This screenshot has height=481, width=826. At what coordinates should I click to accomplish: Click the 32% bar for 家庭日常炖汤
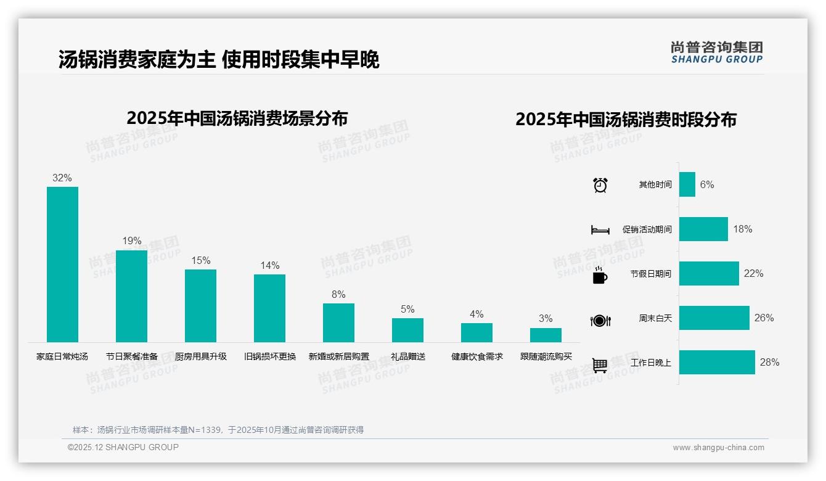[x=63, y=265]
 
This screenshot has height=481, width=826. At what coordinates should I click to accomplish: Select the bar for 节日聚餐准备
[x=131, y=296]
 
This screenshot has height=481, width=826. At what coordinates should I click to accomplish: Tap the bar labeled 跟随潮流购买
[x=546, y=335]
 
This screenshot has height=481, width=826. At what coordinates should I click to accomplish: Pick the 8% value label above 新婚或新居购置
[x=338, y=295]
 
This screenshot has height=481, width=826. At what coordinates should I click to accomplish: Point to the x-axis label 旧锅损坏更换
[x=270, y=356]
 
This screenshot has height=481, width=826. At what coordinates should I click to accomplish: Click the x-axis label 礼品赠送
[x=408, y=356]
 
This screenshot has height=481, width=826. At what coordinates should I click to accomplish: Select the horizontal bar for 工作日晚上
[x=717, y=363]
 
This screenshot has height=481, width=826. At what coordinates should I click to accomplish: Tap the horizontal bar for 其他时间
[x=687, y=184]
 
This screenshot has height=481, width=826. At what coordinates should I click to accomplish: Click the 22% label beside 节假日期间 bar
[x=753, y=273]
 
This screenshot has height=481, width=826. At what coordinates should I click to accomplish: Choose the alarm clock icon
[x=600, y=185]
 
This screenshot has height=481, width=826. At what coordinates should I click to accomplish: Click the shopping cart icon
[x=600, y=365]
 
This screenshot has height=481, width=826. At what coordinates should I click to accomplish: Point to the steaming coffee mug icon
[x=600, y=275]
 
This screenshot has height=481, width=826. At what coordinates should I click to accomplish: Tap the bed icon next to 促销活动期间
[x=600, y=230]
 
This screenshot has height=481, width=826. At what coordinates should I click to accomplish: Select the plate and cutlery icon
[x=600, y=320]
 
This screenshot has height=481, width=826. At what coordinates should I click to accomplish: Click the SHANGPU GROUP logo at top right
[x=716, y=52]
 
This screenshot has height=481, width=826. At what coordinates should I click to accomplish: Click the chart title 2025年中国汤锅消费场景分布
[x=237, y=118]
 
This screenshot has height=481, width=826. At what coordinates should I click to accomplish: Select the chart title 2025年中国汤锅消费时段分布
[x=626, y=120]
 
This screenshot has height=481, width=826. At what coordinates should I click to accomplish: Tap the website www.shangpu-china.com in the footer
[x=718, y=448]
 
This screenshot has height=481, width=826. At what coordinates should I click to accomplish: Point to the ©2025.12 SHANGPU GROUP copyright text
[x=123, y=447]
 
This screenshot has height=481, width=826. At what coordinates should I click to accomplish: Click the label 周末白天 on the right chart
[x=655, y=318]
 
